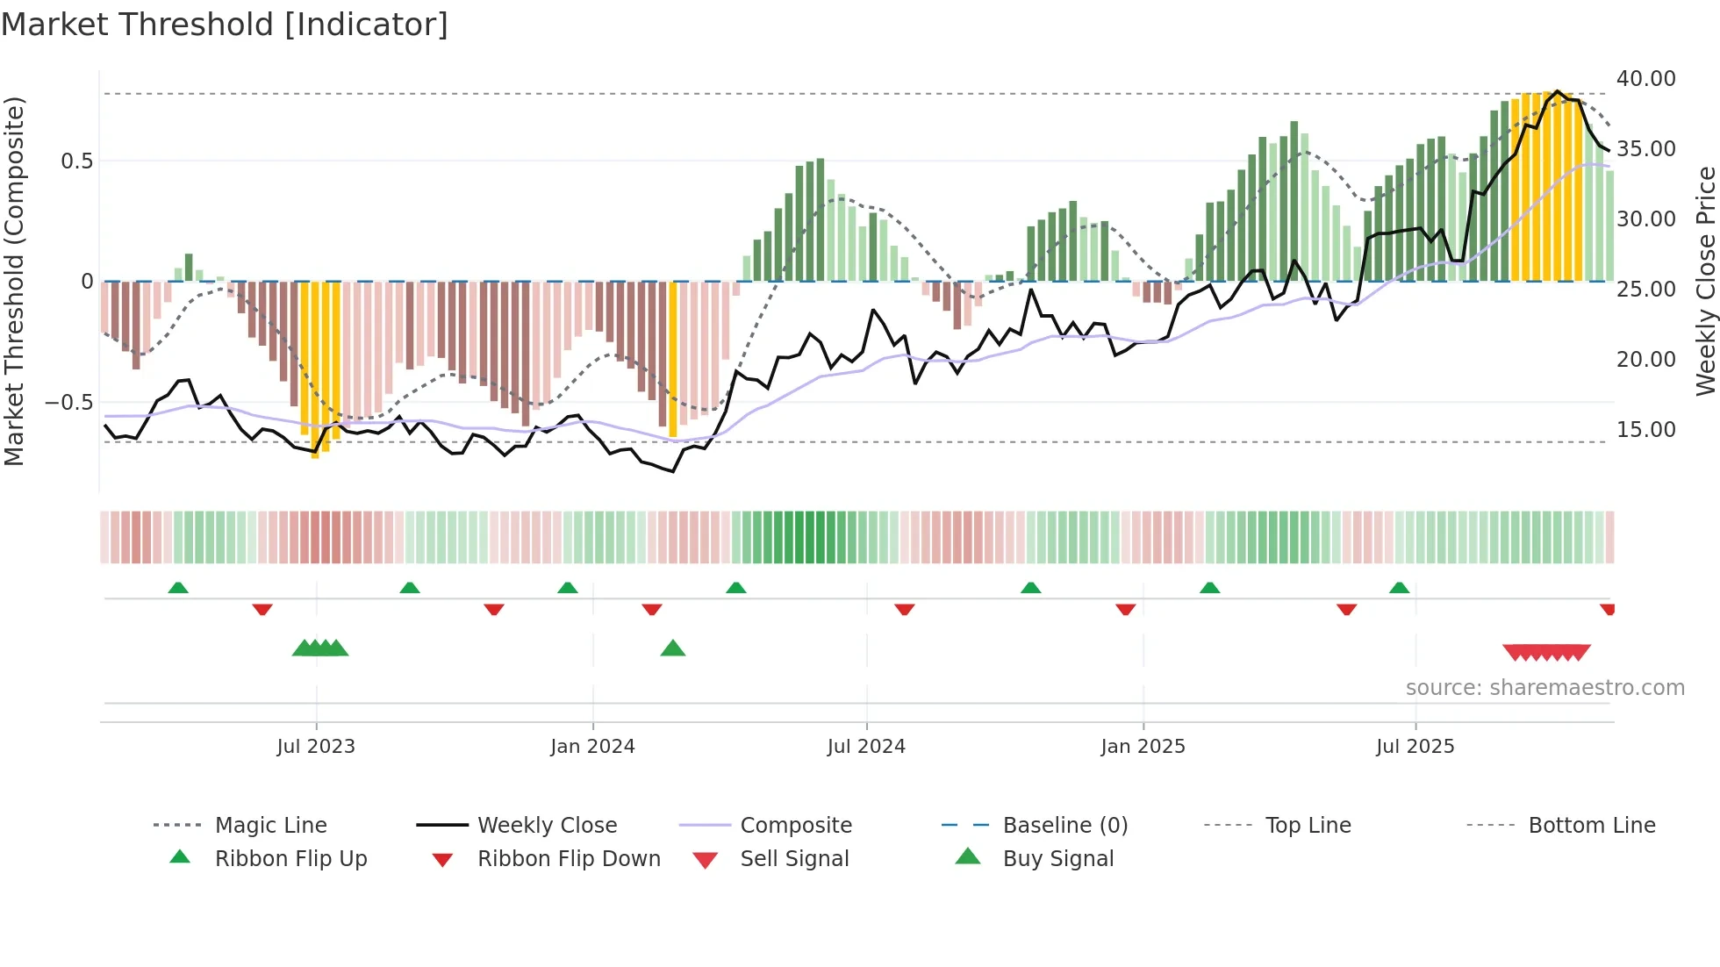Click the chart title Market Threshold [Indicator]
225,25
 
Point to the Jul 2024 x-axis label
866,747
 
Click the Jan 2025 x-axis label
1143,747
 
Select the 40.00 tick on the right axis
1645,79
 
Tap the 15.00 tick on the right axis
1645,430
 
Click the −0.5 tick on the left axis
68,403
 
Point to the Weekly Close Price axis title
1705,281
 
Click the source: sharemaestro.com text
1544,688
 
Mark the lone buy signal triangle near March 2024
673,648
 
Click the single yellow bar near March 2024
673,360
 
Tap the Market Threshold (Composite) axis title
14,281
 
